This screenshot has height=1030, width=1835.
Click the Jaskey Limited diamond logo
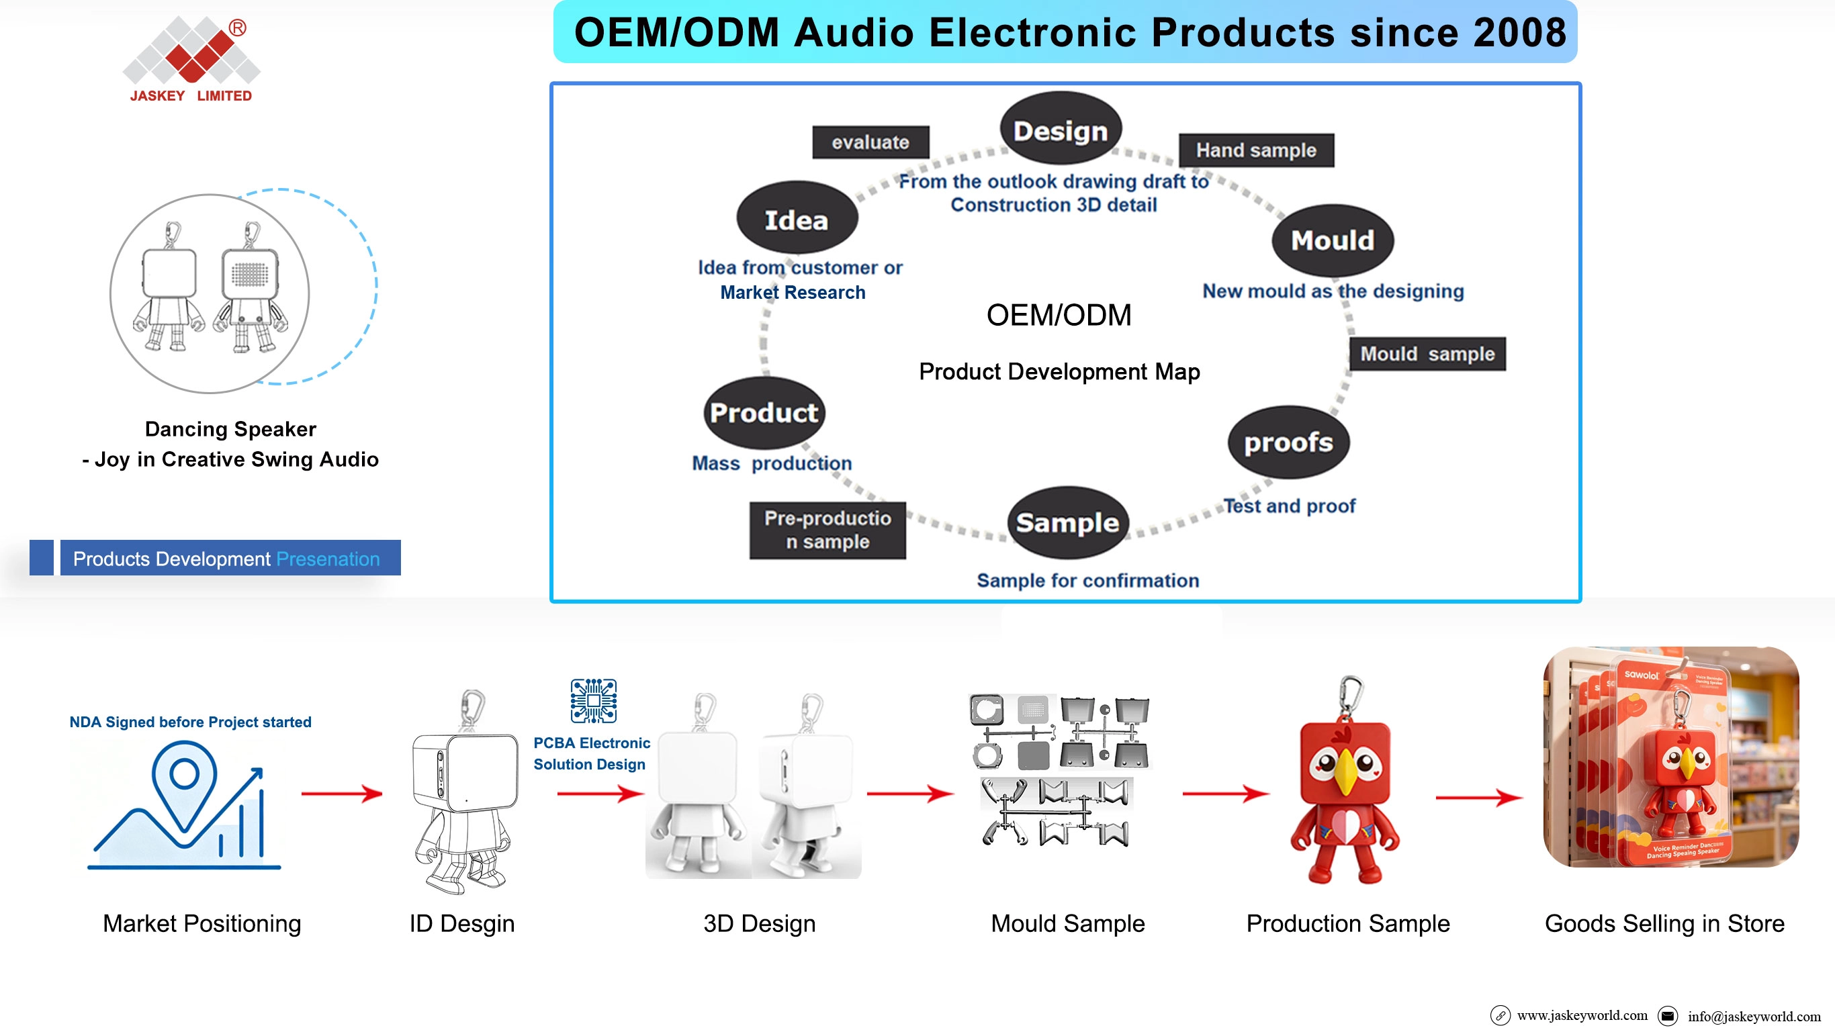(191, 50)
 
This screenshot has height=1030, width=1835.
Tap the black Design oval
(1061, 129)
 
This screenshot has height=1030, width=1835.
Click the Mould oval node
(1333, 240)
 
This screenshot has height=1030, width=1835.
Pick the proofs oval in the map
(1289, 442)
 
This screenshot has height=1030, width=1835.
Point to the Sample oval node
(1068, 522)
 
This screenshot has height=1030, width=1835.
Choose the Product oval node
(764, 413)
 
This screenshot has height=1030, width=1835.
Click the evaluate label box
(870, 142)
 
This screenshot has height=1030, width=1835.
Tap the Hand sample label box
(1256, 150)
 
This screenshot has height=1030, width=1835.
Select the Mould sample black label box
(1427, 354)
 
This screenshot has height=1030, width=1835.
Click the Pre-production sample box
(827, 530)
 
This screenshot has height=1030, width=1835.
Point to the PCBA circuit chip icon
(593, 701)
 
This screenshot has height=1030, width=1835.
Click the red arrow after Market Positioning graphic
(342, 793)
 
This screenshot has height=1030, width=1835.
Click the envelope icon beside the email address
(1668, 1016)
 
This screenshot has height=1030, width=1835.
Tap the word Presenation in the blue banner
(328, 559)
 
